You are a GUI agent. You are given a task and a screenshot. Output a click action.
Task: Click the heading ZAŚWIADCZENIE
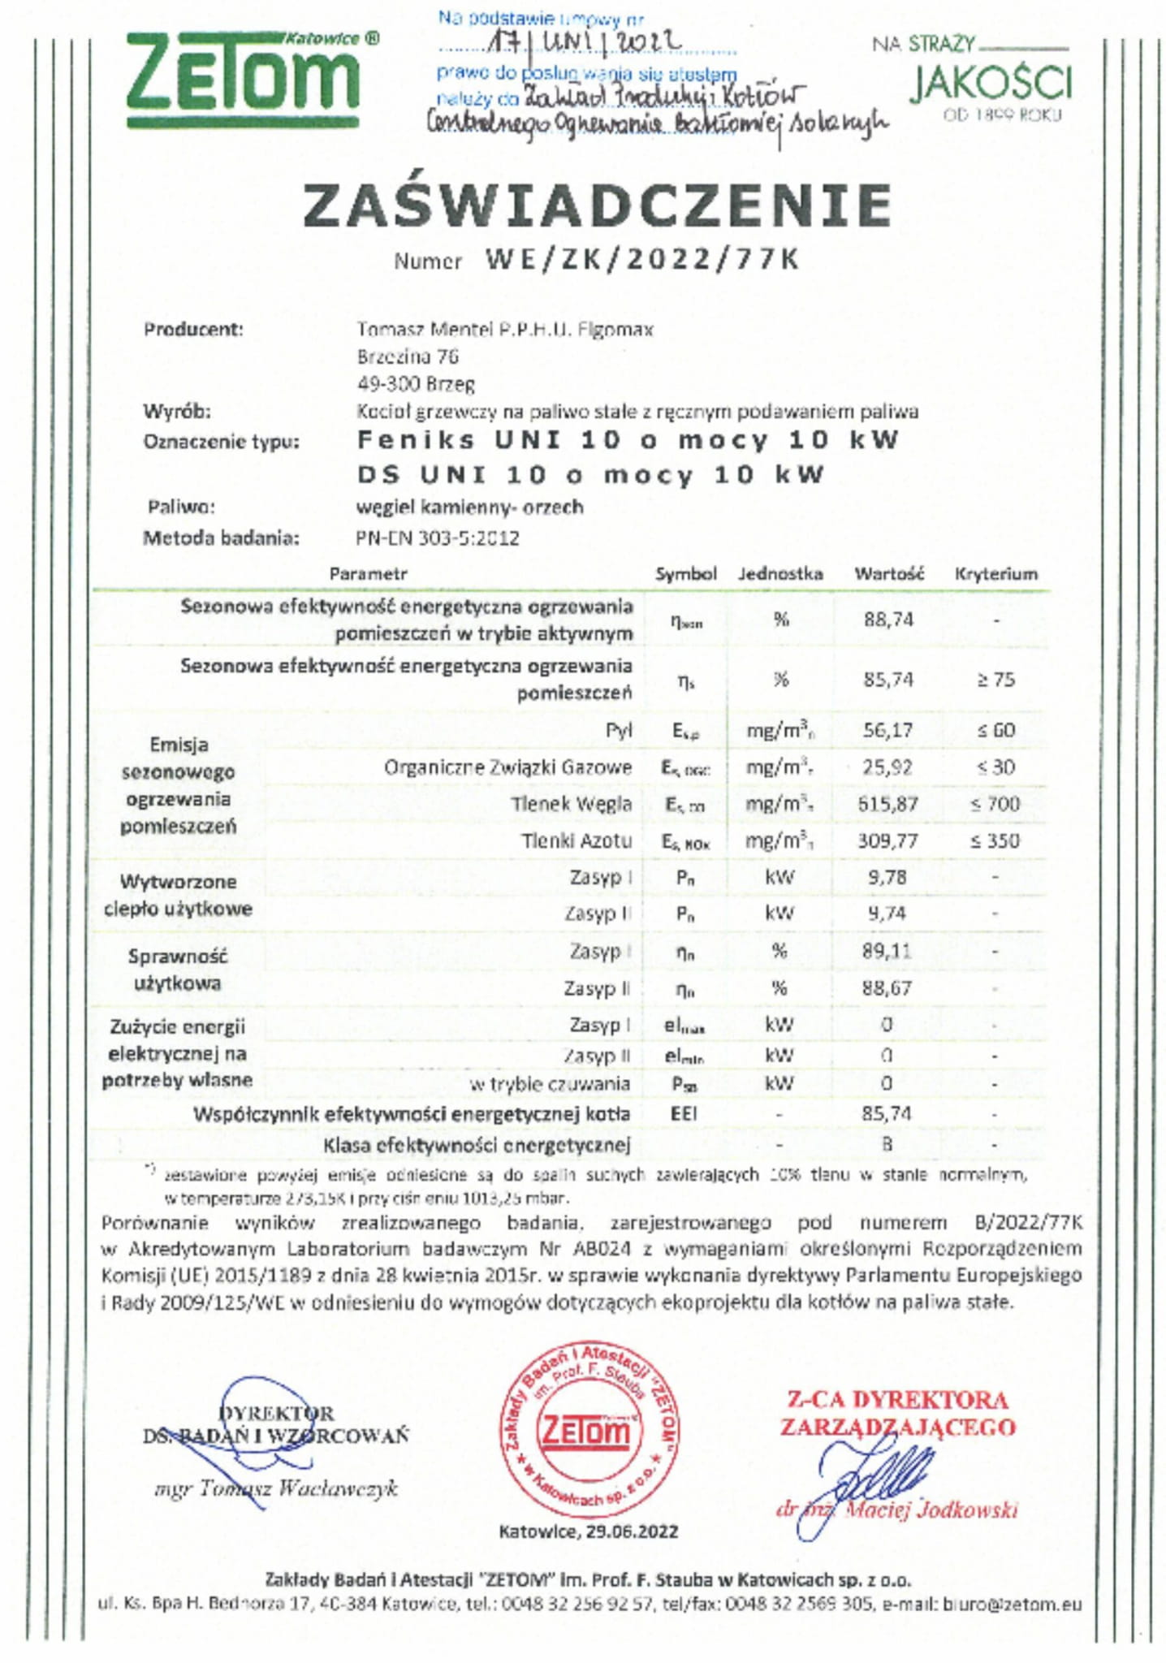point(598,206)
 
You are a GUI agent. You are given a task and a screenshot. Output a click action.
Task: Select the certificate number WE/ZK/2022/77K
point(641,260)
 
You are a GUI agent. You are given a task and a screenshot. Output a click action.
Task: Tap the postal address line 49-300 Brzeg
point(416,383)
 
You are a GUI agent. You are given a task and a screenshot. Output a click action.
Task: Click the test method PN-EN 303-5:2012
point(437,538)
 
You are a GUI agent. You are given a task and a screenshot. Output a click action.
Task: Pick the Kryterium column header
point(995,574)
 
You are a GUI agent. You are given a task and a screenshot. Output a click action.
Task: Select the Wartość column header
point(888,574)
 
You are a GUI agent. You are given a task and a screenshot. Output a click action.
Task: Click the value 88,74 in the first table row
point(888,620)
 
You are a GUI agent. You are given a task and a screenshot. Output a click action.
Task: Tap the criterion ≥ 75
point(995,680)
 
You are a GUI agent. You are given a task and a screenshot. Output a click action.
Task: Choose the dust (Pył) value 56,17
point(887,730)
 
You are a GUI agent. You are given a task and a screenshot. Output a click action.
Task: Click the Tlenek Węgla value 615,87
point(887,804)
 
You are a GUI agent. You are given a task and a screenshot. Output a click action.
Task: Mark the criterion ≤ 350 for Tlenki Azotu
point(995,840)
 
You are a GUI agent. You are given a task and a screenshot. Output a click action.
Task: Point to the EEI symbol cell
point(684,1113)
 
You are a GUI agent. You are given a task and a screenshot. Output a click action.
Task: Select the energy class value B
point(887,1144)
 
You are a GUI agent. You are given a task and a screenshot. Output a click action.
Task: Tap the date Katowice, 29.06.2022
point(588,1531)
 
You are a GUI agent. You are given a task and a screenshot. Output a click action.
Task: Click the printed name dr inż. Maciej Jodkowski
point(897,1510)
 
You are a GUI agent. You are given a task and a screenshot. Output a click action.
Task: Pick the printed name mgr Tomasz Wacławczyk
point(276,1488)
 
